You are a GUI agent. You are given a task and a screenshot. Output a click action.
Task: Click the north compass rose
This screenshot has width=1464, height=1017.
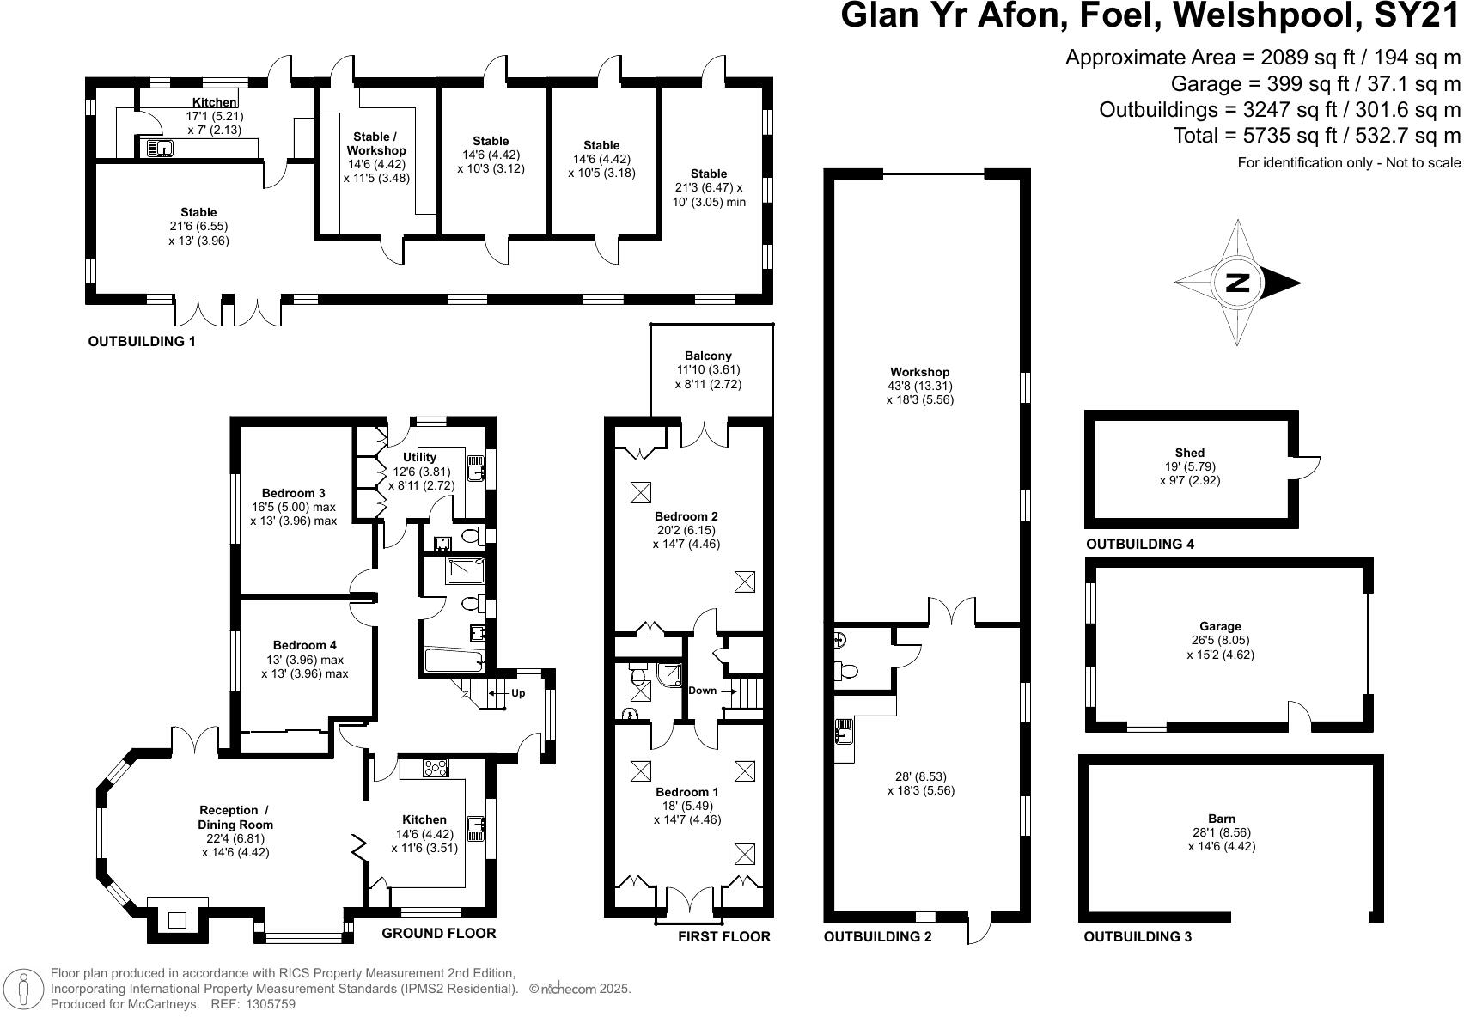1237,283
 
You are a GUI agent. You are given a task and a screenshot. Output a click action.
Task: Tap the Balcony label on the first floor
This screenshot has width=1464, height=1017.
708,356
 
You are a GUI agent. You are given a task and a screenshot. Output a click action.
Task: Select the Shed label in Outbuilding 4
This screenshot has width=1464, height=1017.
1189,453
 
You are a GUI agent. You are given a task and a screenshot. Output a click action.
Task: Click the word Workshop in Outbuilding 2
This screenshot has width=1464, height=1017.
919,372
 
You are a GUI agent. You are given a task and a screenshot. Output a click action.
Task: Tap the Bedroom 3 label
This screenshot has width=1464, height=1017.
293,493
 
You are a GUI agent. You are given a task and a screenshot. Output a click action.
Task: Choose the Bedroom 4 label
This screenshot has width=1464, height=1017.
304,645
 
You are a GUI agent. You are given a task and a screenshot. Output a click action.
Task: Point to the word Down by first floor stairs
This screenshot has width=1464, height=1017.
702,691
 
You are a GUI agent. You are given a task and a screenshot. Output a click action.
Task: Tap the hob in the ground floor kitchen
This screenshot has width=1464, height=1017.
436,769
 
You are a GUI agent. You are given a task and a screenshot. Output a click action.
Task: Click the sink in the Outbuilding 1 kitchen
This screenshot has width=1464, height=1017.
160,149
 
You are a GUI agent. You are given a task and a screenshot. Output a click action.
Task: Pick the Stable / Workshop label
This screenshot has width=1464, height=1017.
376,143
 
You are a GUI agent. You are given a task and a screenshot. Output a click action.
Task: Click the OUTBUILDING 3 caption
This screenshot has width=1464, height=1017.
1138,937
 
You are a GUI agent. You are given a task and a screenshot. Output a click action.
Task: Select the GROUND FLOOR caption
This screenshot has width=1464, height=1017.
438,934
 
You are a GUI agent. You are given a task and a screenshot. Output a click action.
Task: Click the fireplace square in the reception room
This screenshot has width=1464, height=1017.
177,920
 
